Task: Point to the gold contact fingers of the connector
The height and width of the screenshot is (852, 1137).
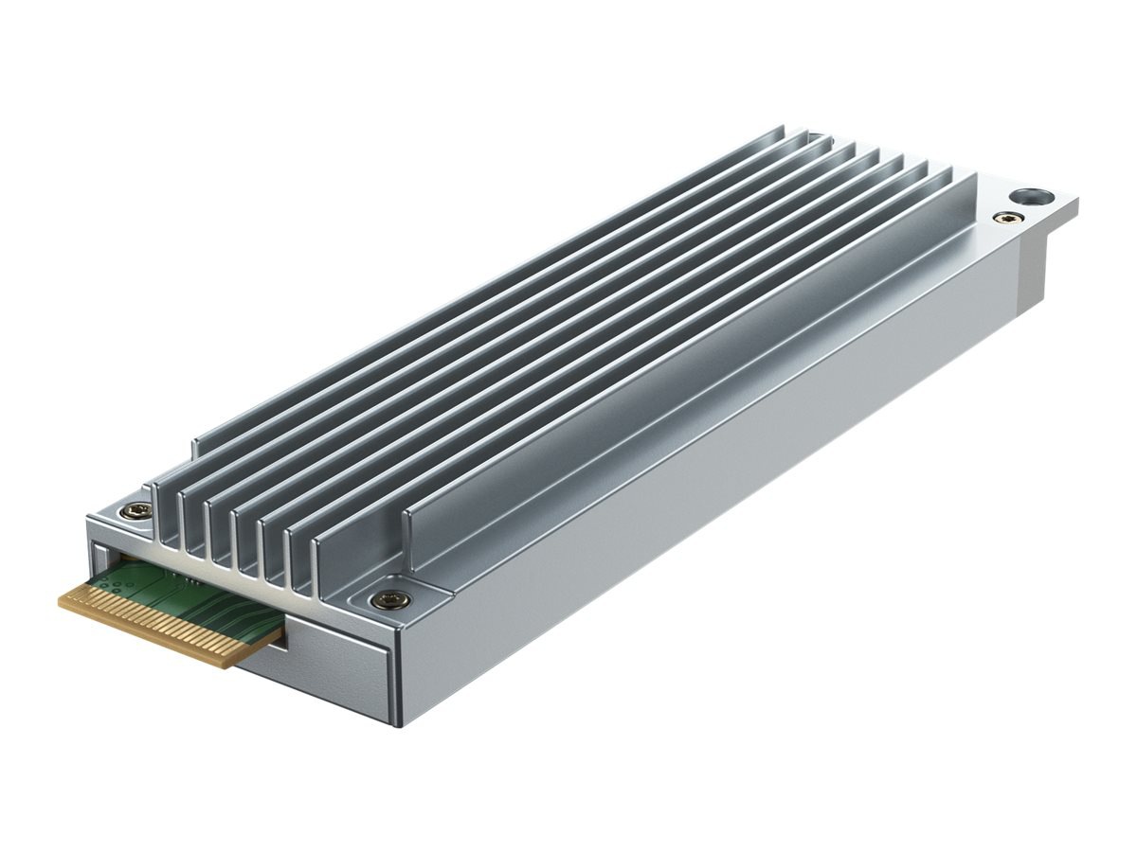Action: pos(161,620)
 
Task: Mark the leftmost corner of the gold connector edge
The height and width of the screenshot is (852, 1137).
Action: pos(61,598)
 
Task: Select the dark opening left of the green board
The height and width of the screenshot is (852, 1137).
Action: pos(102,559)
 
